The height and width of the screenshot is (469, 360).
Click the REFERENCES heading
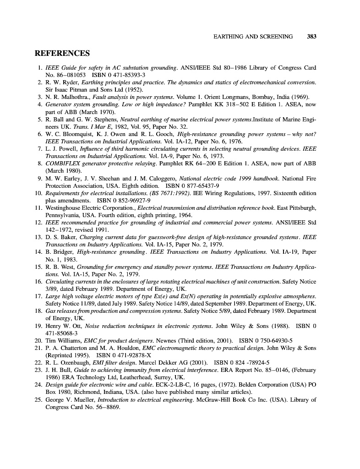click(x=62, y=54)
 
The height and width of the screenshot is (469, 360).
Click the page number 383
click(x=312, y=37)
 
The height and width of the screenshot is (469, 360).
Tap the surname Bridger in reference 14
click(x=64, y=252)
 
